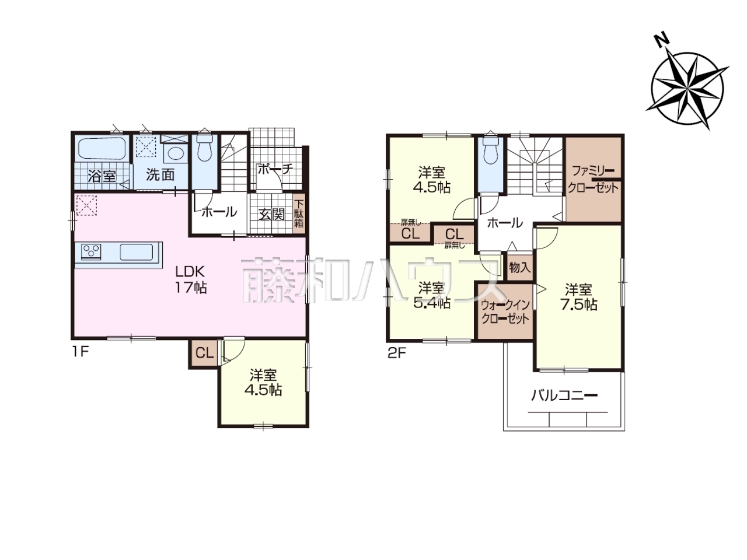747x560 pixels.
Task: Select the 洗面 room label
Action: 160,175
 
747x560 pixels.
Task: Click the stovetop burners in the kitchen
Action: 91,251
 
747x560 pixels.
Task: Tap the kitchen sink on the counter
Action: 136,252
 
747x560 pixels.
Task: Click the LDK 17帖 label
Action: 191,280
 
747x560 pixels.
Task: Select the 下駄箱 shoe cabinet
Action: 299,213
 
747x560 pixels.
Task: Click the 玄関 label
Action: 271,214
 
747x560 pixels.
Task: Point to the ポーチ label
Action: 275,169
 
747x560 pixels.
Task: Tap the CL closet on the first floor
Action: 204,353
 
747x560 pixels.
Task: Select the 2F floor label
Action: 397,353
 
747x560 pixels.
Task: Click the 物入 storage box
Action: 520,268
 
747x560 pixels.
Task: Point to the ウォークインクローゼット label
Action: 505,311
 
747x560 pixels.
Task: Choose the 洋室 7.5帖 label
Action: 578,297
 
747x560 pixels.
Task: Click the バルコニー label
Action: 564,396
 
